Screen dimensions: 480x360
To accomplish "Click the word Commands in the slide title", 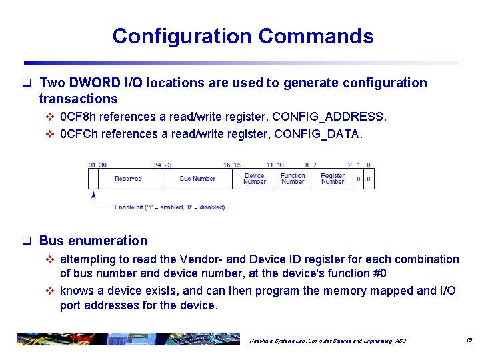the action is pos(316,36).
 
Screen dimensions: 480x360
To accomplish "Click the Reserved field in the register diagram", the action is pos(128,179).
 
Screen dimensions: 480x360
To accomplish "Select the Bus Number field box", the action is pos(197,179).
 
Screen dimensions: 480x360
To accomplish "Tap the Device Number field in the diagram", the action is pos(254,179).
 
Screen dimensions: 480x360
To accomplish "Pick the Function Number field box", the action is pos(293,179).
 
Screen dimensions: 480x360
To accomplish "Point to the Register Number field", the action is pos(332,179).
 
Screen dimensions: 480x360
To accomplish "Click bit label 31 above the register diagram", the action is pos(92,165).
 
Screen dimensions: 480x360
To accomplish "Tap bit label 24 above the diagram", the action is pos(157,165).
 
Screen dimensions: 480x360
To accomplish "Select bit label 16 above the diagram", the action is pos(227,165).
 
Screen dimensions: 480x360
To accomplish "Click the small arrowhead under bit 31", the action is pos(93,195).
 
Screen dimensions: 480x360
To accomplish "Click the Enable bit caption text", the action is pos(169,207).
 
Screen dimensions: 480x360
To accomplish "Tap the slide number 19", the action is pos(469,340).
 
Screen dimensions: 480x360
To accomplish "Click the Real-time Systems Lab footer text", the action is pos(327,341).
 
